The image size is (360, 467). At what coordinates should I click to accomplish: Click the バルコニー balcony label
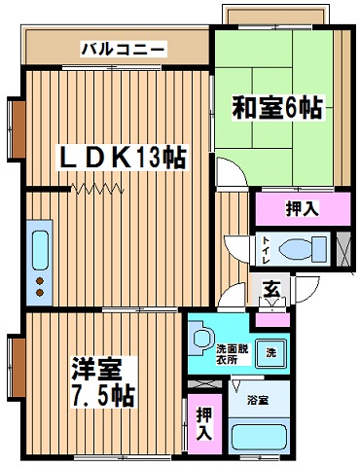(124, 50)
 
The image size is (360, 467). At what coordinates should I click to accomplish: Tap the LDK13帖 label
(123, 158)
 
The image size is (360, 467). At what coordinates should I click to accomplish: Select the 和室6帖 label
(277, 108)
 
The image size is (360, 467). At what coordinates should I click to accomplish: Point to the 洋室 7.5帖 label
(103, 382)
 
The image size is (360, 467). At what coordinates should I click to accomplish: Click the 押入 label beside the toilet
(303, 208)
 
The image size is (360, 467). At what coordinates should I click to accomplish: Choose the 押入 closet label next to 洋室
(204, 423)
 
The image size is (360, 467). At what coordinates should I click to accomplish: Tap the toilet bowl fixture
(303, 250)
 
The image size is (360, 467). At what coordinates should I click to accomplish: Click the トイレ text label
(267, 250)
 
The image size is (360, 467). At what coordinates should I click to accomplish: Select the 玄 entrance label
(271, 290)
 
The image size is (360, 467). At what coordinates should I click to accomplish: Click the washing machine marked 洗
(271, 353)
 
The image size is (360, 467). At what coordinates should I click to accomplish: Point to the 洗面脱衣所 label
(233, 354)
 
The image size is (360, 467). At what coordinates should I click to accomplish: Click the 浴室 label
(258, 401)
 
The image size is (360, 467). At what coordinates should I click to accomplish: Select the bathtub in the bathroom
(259, 438)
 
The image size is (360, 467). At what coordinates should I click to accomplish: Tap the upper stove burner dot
(40, 280)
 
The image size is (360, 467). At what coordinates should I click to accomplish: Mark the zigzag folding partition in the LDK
(97, 188)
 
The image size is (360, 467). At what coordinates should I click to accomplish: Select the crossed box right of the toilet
(343, 249)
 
